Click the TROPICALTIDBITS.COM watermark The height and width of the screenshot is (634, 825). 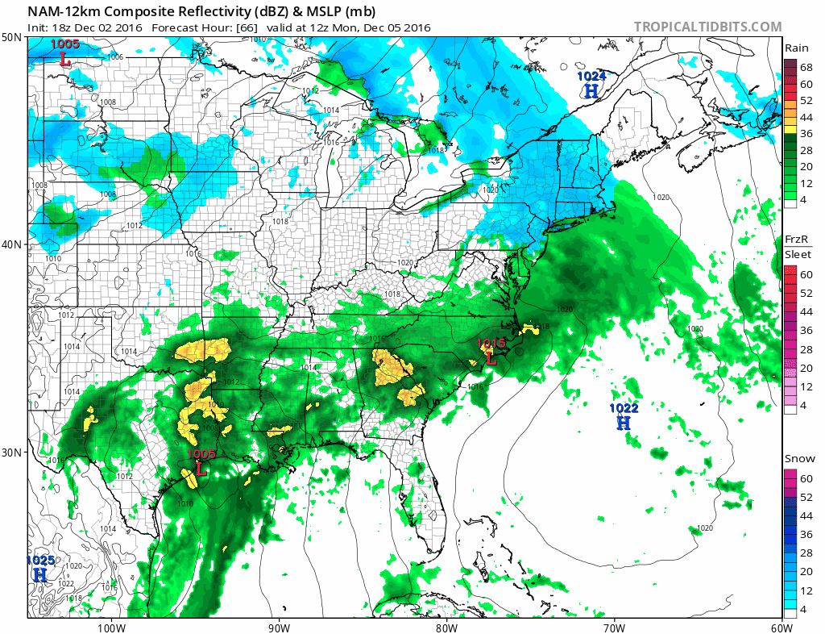707,27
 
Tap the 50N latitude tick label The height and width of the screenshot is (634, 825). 12,37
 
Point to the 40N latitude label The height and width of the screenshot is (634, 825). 12,244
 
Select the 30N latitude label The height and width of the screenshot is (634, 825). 12,452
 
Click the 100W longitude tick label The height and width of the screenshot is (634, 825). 110,627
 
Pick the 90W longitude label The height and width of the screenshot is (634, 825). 278,627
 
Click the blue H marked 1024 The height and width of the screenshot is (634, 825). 591,91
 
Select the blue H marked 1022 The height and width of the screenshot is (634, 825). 624,422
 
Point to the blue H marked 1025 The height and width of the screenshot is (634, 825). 39,574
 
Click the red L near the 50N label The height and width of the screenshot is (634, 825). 65,58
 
